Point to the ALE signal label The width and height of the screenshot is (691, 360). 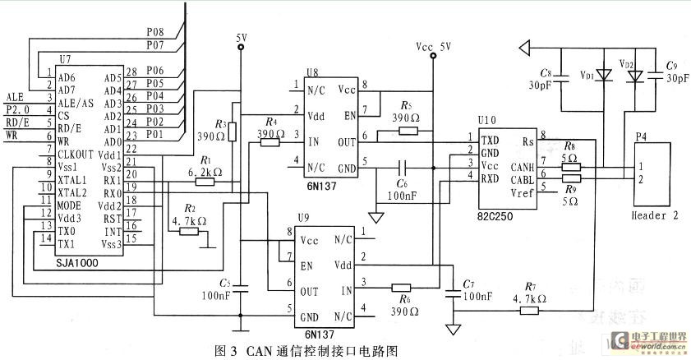15,96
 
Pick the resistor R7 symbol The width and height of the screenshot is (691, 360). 528,310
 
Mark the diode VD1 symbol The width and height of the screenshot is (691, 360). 605,75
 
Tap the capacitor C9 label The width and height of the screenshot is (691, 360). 671,65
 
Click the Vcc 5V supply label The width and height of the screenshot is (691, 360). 433,47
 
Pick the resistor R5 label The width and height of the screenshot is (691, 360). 406,105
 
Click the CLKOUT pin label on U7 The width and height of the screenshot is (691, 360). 77,154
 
